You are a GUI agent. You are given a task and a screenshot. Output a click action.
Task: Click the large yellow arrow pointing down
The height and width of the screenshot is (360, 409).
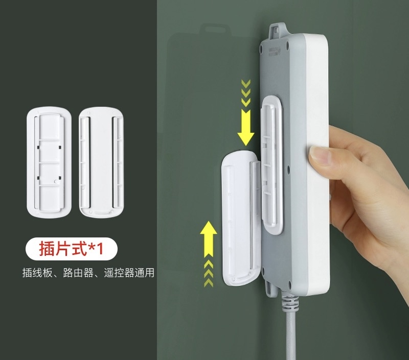coord(246,127)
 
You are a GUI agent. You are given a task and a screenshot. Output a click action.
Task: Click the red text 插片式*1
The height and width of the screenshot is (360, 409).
coord(71,249)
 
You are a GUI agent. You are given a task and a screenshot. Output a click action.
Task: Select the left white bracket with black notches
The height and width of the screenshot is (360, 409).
coord(49,161)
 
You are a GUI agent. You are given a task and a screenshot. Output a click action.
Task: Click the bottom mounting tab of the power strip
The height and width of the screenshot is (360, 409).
coord(271,286)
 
